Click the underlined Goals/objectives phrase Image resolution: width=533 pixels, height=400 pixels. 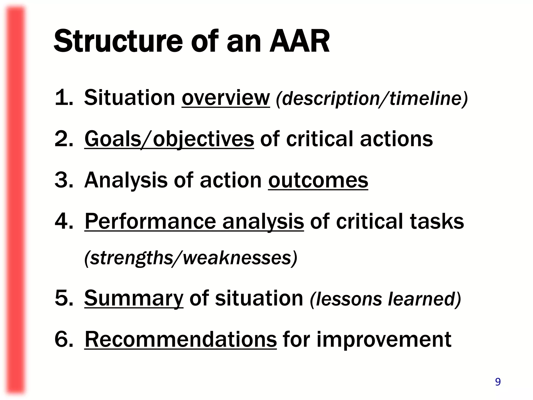[169, 139]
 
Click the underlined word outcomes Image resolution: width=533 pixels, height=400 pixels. [318, 180]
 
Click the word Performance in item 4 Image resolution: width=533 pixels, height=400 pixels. [150, 221]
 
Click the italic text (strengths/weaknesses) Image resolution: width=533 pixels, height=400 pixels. [191, 258]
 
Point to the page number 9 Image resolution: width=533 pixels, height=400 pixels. [498, 382]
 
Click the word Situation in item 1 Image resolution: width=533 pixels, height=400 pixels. [129, 98]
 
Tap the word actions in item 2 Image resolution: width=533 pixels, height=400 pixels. [396, 139]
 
